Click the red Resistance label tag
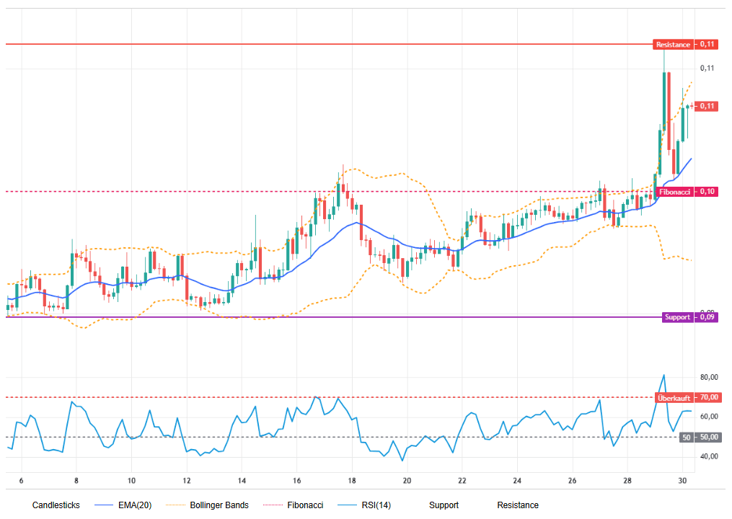pyautogui.click(x=673, y=45)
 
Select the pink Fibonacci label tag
pyautogui.click(x=675, y=192)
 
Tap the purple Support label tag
pyautogui.click(x=677, y=317)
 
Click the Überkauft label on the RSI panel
pyautogui.click(x=674, y=398)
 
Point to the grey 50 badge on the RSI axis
pyautogui.click(x=687, y=438)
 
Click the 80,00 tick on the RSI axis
pyautogui.click(x=709, y=378)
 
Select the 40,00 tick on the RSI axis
pyautogui.click(x=709, y=457)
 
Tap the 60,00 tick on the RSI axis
pyautogui.click(x=709, y=417)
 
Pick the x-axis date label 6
pyautogui.click(x=22, y=481)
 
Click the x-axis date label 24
pyautogui.click(x=517, y=481)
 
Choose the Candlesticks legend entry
pyautogui.click(x=56, y=505)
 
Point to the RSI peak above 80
pyautogui.click(x=663, y=375)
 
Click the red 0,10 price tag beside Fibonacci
pyautogui.click(x=708, y=192)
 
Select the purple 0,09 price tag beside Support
pyautogui.click(x=708, y=317)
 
